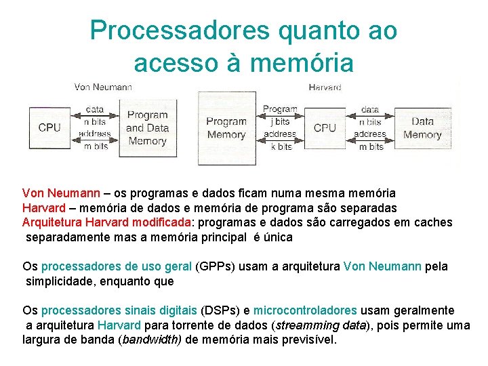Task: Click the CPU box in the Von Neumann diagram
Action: coord(49,127)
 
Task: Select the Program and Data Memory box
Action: coord(147,128)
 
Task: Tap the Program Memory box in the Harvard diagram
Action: coord(226,128)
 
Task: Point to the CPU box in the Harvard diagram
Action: coord(325,127)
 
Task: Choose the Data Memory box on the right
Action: coord(422,128)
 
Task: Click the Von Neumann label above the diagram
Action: coord(103,87)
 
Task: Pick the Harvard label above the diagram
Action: coord(325,87)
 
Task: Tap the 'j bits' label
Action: coord(279,121)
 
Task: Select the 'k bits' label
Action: coord(281,146)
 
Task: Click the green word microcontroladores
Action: coord(305,310)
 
